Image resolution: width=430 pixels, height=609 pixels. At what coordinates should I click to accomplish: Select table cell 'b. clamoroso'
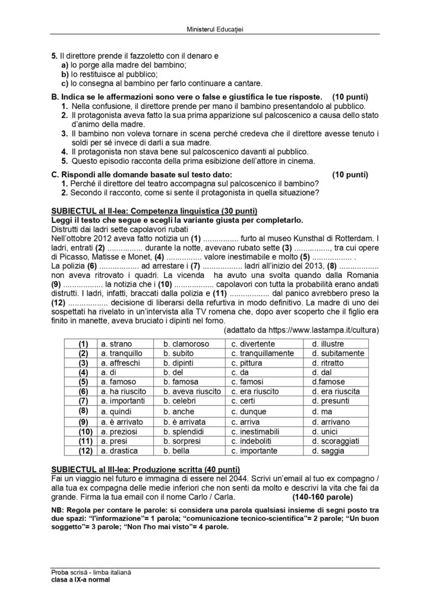click(x=187, y=343)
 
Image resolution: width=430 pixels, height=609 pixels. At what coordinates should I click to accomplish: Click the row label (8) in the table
click(x=83, y=410)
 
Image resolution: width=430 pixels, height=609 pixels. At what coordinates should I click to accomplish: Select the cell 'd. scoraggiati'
click(x=336, y=441)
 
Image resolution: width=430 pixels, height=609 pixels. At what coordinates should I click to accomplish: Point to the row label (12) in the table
click(x=83, y=451)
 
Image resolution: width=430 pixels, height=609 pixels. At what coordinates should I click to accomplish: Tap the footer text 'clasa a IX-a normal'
click(x=80, y=580)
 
